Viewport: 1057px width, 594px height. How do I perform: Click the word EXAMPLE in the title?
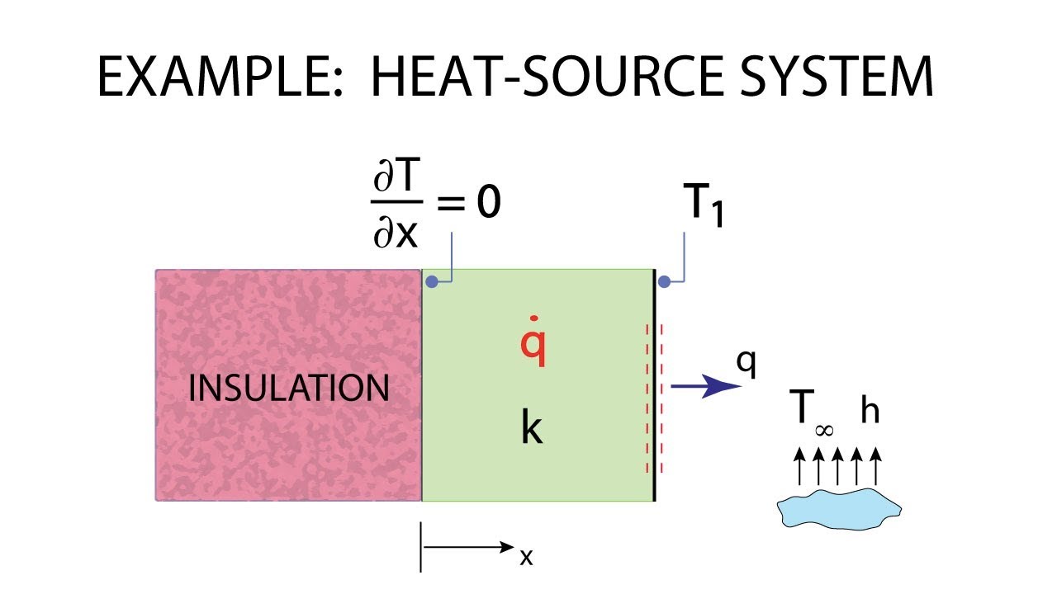coord(220,77)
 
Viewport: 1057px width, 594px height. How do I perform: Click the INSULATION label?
coord(289,388)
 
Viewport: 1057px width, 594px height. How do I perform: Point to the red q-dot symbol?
coord(533,342)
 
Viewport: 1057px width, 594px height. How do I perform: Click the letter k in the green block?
coord(533,427)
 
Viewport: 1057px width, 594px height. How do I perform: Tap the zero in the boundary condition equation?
coord(488,202)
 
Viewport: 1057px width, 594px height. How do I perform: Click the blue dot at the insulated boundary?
coord(431,282)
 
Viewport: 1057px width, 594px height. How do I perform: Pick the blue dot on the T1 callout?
coord(664,282)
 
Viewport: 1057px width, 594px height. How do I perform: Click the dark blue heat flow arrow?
coord(706,387)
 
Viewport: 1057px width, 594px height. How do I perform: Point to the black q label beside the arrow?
coord(747,364)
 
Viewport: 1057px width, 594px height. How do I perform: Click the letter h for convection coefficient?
coord(870,409)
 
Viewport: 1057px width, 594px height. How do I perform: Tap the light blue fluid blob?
coord(840,509)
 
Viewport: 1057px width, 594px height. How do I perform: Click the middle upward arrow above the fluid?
coord(837,466)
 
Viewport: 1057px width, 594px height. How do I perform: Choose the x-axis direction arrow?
coord(468,547)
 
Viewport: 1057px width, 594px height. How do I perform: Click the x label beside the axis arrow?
coord(526,557)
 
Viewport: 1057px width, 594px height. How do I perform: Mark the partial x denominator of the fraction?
coord(396,232)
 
